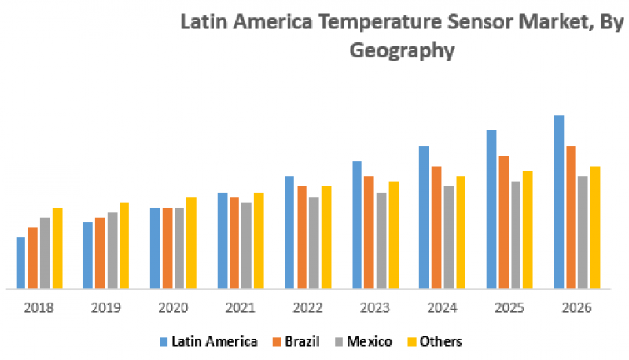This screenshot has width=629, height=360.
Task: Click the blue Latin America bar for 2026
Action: tap(559, 202)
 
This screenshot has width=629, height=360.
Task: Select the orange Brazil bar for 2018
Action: tap(32, 258)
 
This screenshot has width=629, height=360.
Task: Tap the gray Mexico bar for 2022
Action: tap(314, 243)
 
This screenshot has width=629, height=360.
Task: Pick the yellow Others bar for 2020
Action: tap(191, 243)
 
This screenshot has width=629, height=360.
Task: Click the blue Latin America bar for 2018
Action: tap(20, 263)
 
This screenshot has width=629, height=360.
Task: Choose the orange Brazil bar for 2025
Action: tap(504, 222)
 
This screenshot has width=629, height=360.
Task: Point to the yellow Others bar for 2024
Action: tap(461, 233)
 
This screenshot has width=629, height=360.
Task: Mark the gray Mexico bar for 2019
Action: tap(112, 250)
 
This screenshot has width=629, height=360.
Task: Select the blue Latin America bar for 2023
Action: tap(357, 225)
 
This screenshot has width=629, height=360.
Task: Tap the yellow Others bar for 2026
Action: tap(595, 227)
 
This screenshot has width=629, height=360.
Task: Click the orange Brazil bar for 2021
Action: tap(234, 243)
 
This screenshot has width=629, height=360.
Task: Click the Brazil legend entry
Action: tap(297, 341)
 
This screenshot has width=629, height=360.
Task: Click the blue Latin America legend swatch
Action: tap(164, 341)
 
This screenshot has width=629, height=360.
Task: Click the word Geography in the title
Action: tap(402, 52)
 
